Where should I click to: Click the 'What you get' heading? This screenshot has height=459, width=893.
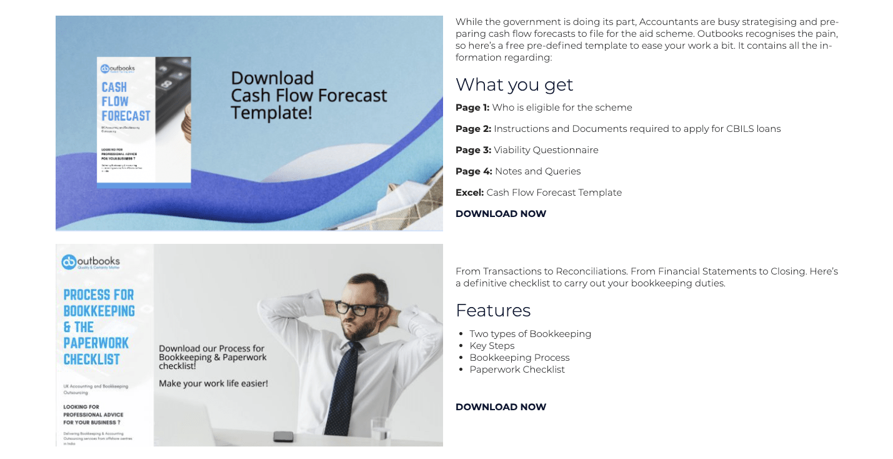coord(514,85)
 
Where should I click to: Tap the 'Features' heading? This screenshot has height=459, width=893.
coord(493,311)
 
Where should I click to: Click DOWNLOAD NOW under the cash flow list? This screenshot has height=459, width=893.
coord(501,214)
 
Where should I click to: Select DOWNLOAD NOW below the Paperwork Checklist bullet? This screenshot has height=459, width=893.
coord(501,407)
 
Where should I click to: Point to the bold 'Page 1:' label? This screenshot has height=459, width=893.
coord(472,108)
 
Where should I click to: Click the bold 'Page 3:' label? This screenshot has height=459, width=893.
coord(473,150)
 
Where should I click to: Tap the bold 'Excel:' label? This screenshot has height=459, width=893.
coord(469,193)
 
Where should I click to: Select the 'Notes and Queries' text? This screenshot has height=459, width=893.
coord(537,171)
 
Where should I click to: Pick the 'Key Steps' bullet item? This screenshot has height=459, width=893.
coord(492,346)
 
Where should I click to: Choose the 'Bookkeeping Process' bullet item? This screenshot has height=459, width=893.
coord(519,358)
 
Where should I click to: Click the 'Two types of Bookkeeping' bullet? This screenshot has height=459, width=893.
coord(530,334)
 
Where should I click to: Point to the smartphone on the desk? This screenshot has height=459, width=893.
coord(284,436)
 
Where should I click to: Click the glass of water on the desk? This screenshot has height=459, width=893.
coord(379,431)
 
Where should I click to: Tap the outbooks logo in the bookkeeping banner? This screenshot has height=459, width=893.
coord(91,262)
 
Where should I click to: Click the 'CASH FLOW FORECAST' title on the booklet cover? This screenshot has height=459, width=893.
coord(126,101)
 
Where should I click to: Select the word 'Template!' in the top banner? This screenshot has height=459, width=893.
coord(271,113)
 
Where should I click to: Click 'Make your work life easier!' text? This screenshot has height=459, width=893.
coord(213,383)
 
